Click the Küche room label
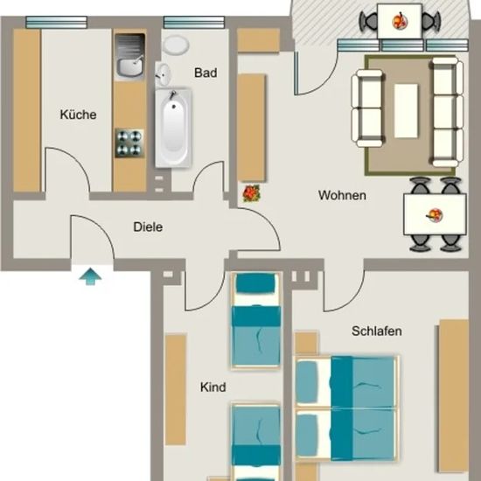pyautogui.click(x=78, y=115)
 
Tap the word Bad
pyautogui.click(x=206, y=73)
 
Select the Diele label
pyautogui.click(x=148, y=227)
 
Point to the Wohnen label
pyautogui.click(x=342, y=195)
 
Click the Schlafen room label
pyautogui.click(x=377, y=331)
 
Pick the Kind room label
pyautogui.click(x=213, y=387)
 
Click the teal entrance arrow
pyautogui.click(x=90, y=276)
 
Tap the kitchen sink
pyautogui.click(x=129, y=56)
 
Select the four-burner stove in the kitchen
pyautogui.click(x=129, y=143)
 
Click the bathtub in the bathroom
pyautogui.click(x=173, y=128)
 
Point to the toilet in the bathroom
pyautogui.click(x=176, y=45)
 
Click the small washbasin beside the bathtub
pyautogui.click(x=163, y=75)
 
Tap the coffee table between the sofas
pyautogui.click(x=406, y=111)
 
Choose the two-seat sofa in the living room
pyautogui.click(x=367, y=108)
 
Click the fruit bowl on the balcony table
pyautogui.click(x=400, y=21)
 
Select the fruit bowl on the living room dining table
pyautogui.click(x=435, y=215)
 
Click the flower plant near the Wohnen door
pyautogui.click(x=252, y=193)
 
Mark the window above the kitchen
pyautogui.click(x=57, y=23)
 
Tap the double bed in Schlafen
pyautogui.click(x=346, y=408)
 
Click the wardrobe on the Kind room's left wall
pyautogui.click(x=176, y=389)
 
